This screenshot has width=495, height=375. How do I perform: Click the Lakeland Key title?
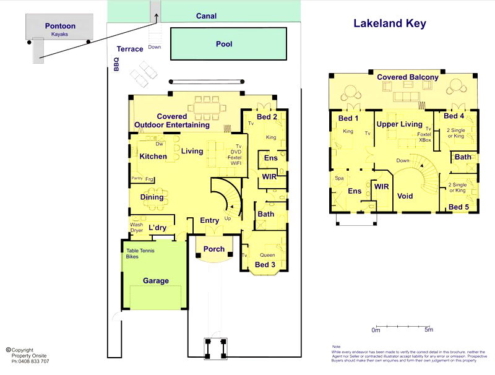[x=389, y=24]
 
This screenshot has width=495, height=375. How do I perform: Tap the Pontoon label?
[x=60, y=26]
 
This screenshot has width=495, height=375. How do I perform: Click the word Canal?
[x=206, y=16]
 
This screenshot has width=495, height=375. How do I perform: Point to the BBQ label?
[x=116, y=64]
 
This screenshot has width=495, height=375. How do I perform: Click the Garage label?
[x=156, y=280]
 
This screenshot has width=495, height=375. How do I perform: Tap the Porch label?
[x=214, y=250]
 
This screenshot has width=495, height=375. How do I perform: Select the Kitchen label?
[x=153, y=157]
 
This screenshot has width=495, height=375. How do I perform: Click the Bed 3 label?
[x=265, y=265]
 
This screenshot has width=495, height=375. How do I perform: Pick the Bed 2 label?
[x=267, y=117]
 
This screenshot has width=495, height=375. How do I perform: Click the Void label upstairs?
[x=405, y=196]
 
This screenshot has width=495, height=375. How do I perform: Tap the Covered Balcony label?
[x=408, y=77]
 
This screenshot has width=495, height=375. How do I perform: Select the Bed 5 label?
[x=458, y=207]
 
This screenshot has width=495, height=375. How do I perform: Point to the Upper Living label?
[x=399, y=124]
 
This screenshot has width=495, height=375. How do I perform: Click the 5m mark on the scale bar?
[x=428, y=330]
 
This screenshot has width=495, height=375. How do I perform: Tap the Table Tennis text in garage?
[x=140, y=250]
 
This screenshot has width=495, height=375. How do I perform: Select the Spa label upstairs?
[x=339, y=178]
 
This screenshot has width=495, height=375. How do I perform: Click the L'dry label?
[x=157, y=228]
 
